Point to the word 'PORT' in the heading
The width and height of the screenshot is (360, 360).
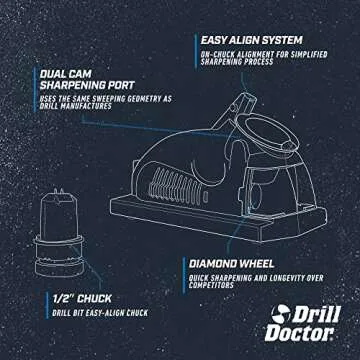coord(130,86)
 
